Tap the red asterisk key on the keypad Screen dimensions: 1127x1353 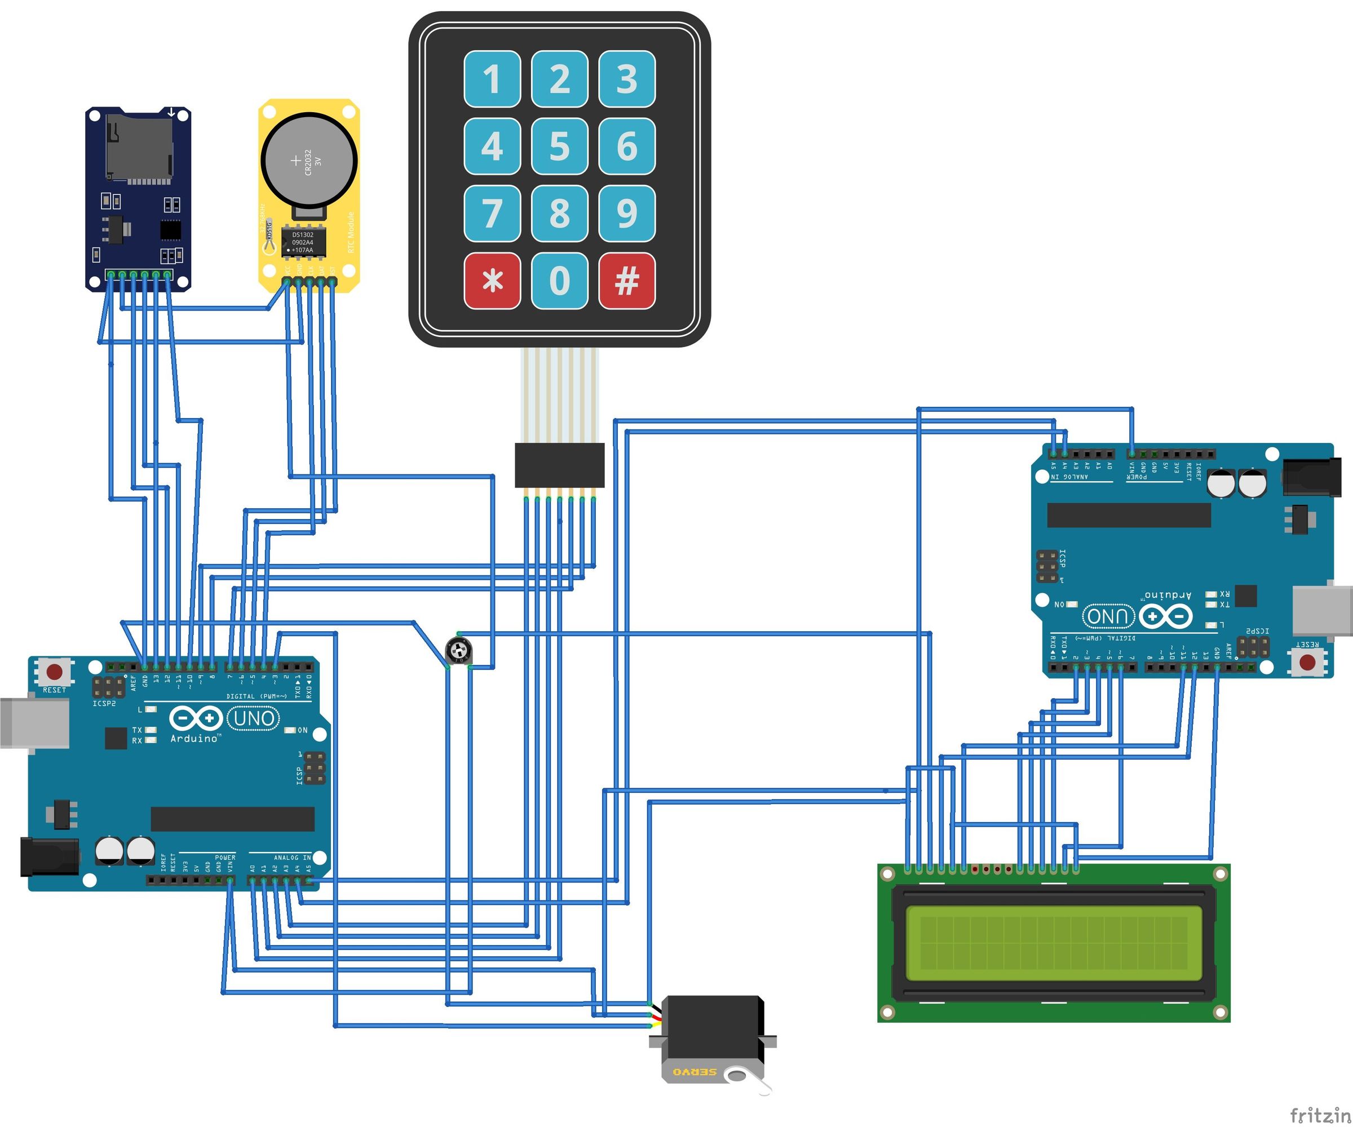tap(492, 281)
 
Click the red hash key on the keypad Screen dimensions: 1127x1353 tap(627, 281)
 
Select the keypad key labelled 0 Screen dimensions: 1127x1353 tap(559, 281)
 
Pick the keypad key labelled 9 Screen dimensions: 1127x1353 tap(627, 213)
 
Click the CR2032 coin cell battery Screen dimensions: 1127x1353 tap(308, 159)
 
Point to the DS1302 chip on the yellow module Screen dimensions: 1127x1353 tap(303, 242)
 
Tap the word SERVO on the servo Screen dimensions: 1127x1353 tap(694, 1072)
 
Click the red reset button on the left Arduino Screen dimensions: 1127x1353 tap(55, 672)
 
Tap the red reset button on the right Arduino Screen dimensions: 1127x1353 tap(1307, 662)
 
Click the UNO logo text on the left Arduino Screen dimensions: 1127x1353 tap(253, 717)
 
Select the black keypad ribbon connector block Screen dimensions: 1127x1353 tap(559, 465)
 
